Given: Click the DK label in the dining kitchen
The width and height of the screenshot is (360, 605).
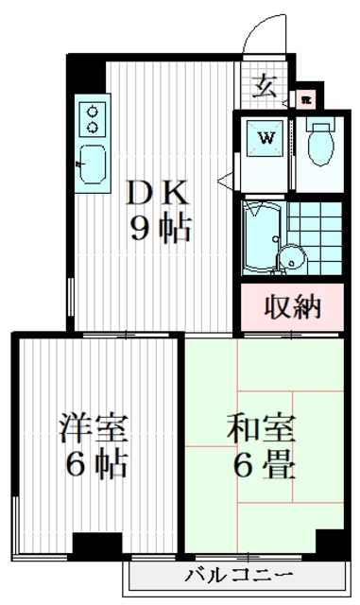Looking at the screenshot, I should [160, 192].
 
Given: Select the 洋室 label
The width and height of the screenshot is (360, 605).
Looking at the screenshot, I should [91, 429].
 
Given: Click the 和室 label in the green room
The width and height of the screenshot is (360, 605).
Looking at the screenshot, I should [261, 429].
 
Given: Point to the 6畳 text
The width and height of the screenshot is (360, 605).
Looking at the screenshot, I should [261, 467].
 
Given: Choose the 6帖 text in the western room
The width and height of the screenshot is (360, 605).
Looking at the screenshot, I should [91, 467].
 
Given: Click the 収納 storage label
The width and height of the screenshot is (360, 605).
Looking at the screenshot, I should [293, 307].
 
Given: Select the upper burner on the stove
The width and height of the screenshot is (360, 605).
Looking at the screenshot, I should [93, 110].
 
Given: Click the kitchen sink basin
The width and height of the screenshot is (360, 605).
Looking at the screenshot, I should [93, 164].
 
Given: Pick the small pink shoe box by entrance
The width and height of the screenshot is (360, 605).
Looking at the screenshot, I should [305, 96].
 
